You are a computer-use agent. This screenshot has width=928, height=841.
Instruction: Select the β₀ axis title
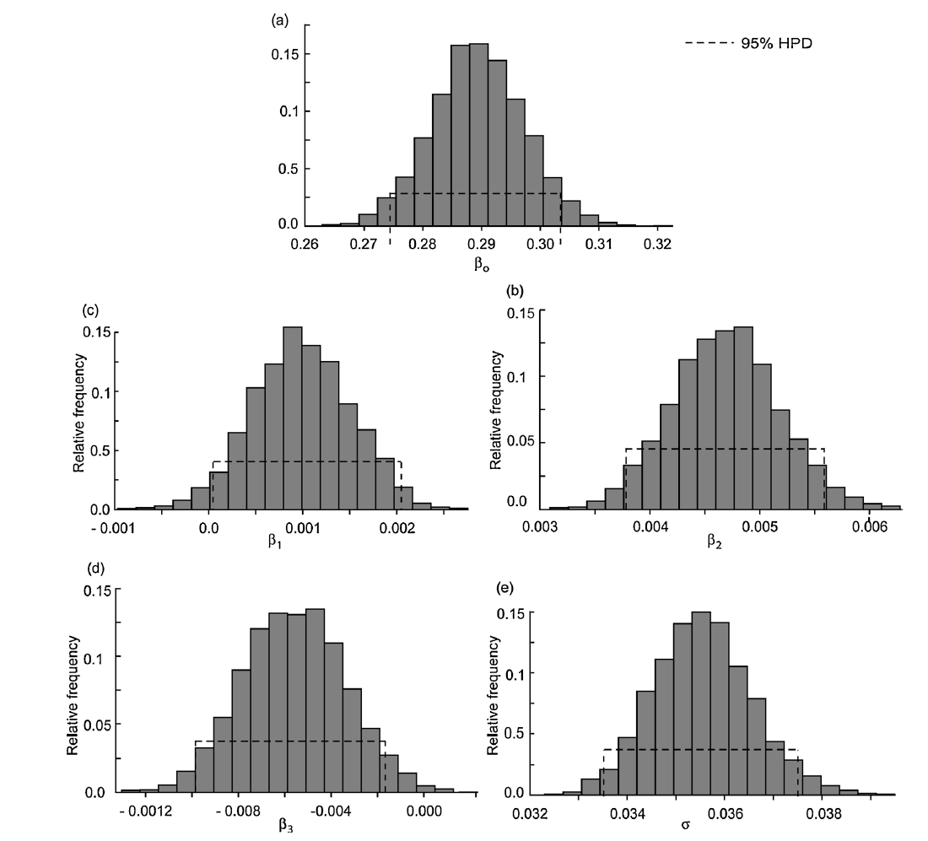coord(483,267)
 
